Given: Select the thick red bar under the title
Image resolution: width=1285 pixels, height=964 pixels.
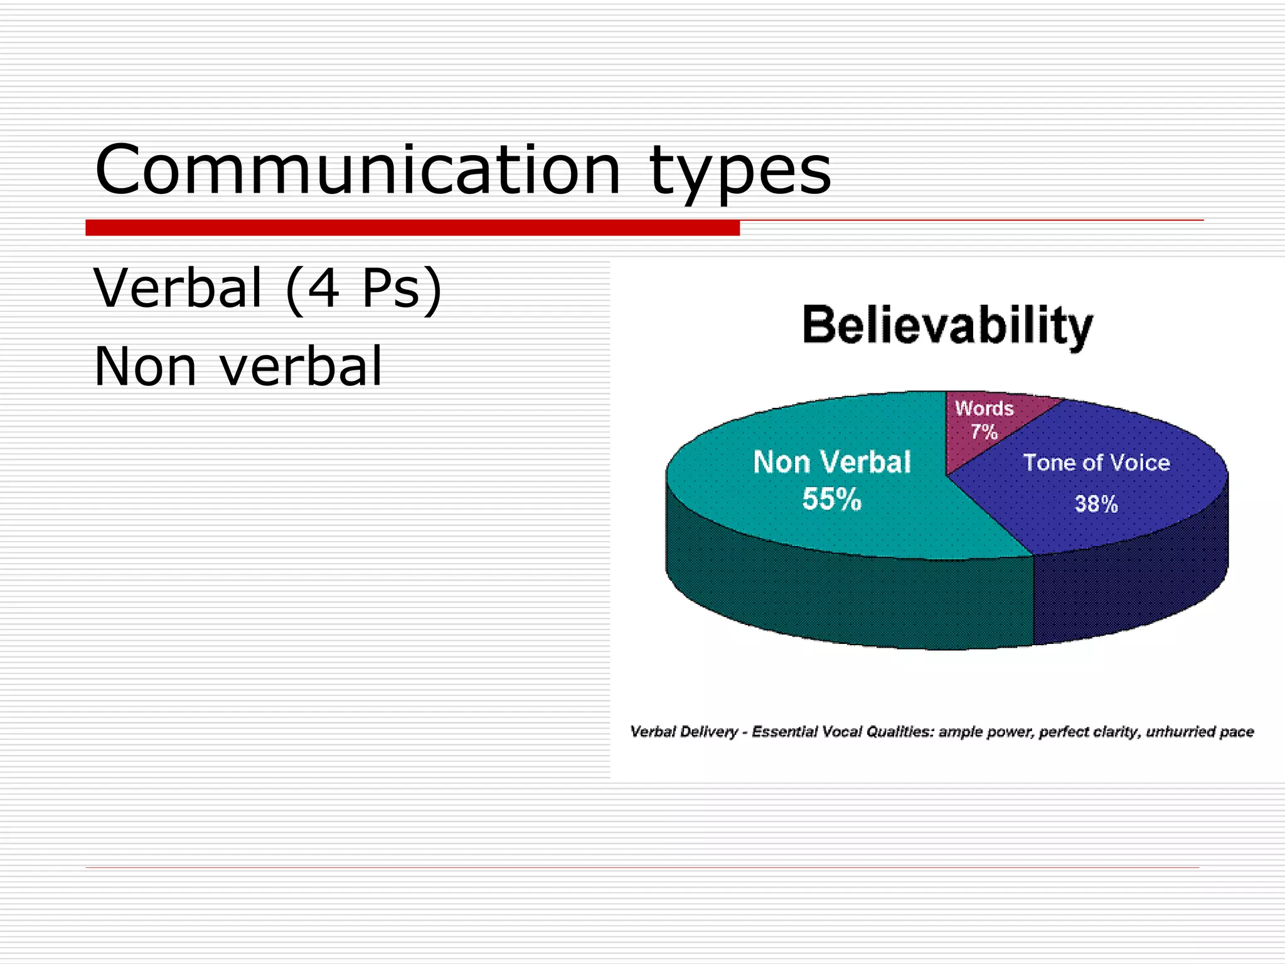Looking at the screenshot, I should [412, 228].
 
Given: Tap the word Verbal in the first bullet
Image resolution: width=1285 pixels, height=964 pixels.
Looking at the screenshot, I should [178, 288].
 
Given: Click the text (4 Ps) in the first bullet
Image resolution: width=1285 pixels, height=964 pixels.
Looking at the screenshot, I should [364, 290].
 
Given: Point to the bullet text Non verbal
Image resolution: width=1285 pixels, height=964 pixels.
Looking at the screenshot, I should [238, 367].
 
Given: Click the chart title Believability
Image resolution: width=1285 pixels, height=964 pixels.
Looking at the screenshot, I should [947, 326].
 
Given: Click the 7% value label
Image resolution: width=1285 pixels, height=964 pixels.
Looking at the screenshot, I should [984, 432].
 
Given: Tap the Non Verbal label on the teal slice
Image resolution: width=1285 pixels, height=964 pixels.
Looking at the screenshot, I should [832, 463].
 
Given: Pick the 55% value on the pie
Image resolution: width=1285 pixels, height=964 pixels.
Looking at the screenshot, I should [832, 500].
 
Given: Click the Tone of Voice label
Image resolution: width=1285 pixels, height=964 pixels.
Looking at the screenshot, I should [1097, 463].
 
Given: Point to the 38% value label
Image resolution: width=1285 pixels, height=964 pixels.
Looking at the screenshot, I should [1097, 504].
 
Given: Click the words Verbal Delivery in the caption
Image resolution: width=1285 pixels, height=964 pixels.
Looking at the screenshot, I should [684, 732].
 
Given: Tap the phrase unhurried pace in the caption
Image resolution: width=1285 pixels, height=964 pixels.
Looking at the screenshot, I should [1200, 732].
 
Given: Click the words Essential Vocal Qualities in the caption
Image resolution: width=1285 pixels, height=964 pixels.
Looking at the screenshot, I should [843, 732].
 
